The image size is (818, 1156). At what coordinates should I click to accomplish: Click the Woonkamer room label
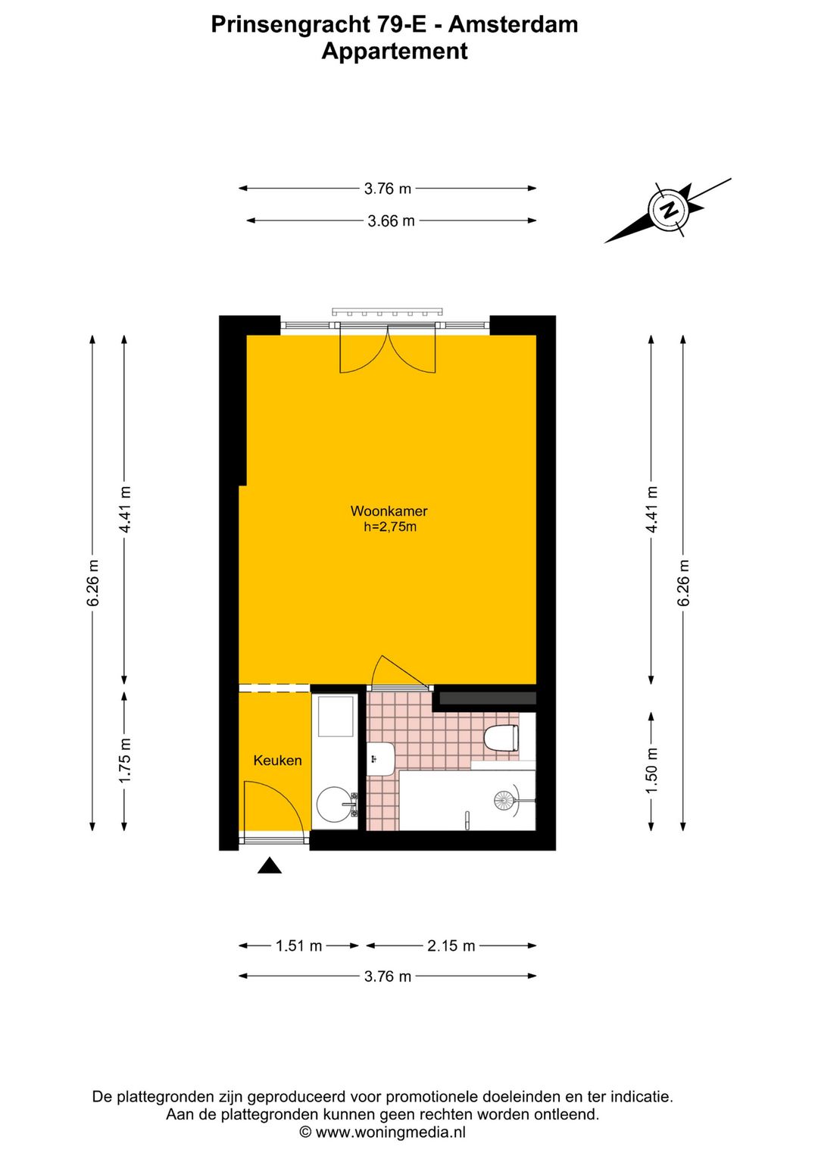389,511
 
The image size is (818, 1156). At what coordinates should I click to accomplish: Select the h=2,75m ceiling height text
389,527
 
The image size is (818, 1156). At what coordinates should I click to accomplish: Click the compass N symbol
671,210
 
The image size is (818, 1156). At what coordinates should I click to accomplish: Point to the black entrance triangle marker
270,865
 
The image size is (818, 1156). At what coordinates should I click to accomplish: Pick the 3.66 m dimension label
391,221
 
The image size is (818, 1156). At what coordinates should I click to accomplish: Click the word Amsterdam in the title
513,25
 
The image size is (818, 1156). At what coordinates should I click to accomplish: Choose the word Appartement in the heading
395,52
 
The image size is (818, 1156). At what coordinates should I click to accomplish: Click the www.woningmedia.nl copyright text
390,1133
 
